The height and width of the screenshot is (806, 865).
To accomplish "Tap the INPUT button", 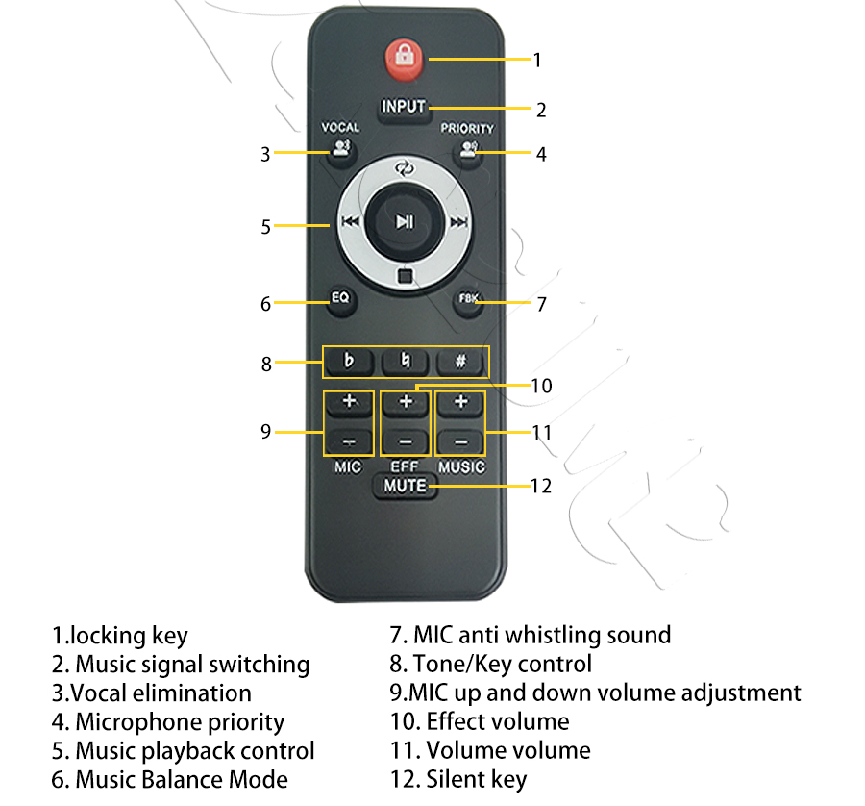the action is [404, 107].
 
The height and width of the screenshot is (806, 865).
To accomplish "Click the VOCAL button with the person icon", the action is [341, 149].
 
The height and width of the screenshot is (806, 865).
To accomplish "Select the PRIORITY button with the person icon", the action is [468, 150].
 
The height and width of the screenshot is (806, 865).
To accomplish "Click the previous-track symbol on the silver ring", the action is [350, 222].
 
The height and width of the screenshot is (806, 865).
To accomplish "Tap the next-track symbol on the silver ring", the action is [459, 222].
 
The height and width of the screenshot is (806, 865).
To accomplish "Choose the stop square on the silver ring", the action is [405, 275].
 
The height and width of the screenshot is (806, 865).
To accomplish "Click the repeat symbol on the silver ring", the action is [405, 168].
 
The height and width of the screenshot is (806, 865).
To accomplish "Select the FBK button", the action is [468, 301].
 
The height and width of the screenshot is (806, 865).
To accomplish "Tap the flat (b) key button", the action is [349, 363].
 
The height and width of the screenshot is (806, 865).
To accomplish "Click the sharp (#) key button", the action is [461, 363].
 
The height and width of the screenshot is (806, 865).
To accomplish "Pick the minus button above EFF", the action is [406, 441].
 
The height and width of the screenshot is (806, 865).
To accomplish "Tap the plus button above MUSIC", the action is [460, 402].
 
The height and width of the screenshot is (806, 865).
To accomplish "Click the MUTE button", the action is [405, 486].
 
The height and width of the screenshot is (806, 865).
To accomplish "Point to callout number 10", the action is [541, 386].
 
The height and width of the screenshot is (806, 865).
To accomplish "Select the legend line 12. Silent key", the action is [458, 779].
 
